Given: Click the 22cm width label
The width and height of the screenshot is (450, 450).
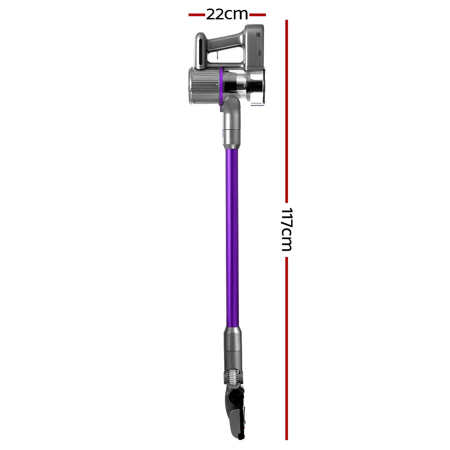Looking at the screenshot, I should click(x=227, y=14).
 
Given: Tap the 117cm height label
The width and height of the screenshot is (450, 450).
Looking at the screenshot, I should click(x=286, y=229).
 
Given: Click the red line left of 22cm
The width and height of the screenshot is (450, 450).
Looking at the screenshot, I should click(x=197, y=15).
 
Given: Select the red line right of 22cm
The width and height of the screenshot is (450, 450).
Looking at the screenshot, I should click(x=257, y=15).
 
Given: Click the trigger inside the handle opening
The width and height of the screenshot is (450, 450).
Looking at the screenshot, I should click(x=217, y=55).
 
